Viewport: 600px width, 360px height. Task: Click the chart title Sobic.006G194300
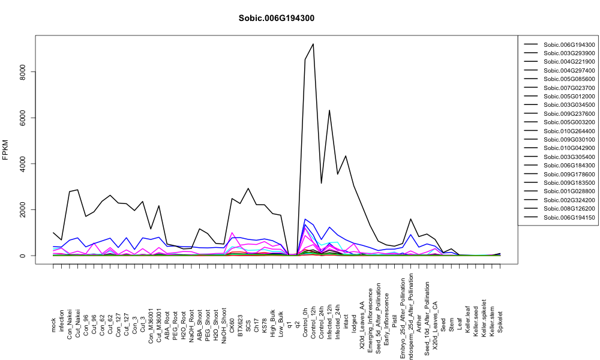276,19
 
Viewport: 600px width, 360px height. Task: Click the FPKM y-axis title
5,150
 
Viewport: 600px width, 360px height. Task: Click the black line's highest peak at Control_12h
313,44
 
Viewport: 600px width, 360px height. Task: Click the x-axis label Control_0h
305,312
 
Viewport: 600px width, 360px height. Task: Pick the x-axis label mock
53,325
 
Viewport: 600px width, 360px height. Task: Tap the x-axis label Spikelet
500,322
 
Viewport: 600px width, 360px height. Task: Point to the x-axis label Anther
419,323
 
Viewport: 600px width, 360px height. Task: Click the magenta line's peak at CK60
232,233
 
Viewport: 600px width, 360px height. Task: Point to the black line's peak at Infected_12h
329,110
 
